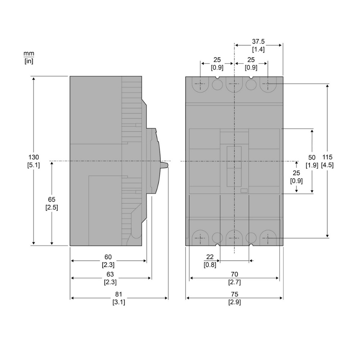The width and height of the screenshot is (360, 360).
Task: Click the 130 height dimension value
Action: click(x=33, y=157)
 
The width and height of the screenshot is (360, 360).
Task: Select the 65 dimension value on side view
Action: click(x=51, y=199)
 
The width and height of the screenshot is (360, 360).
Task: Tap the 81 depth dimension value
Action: click(x=119, y=294)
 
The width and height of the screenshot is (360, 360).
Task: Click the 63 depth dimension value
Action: click(x=110, y=275)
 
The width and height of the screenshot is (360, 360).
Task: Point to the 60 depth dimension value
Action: click(x=108, y=257)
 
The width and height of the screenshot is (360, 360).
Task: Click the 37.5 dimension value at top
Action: click(x=258, y=41)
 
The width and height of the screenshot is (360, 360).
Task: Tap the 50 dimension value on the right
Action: click(x=312, y=157)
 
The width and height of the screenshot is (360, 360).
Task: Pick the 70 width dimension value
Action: click(x=234, y=275)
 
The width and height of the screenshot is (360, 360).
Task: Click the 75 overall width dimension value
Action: click(x=234, y=294)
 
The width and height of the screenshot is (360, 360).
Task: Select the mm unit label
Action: click(x=29, y=53)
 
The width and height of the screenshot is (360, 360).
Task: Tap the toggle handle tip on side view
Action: click(x=167, y=165)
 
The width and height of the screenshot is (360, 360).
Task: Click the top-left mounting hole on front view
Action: click(x=201, y=85)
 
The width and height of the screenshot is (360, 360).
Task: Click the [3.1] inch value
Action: click(x=119, y=302)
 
